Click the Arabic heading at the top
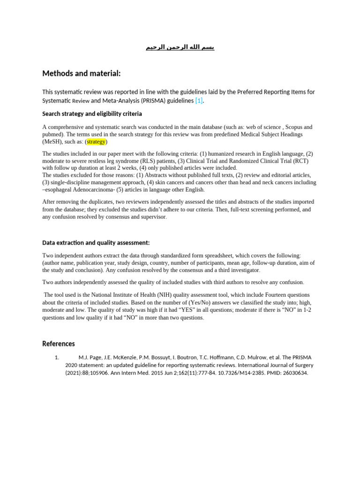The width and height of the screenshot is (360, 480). pos(180,47)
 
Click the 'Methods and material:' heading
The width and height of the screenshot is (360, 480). pos(82,73)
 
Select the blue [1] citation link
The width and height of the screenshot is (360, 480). pos(199,101)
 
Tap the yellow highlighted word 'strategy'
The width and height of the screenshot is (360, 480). pos(97,142)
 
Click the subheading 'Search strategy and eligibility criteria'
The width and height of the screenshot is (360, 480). pos(92,114)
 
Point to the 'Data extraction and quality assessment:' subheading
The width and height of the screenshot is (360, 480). pos(96,242)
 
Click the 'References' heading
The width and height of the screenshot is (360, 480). pos(59,344)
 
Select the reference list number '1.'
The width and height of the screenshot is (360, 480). pos(57,357)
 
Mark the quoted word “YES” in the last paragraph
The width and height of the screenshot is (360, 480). pos(185,310)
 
